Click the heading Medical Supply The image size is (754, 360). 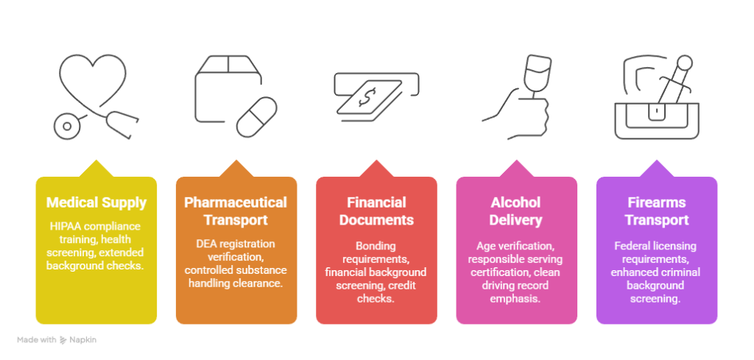(96, 203)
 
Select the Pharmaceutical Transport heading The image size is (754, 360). (236, 211)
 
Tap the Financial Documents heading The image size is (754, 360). (376, 211)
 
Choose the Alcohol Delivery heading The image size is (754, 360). (516, 211)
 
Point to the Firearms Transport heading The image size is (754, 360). (656, 211)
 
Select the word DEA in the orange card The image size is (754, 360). (205, 244)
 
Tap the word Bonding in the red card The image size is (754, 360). (376, 246)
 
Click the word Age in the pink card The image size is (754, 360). (486, 246)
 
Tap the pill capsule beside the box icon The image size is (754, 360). (256, 117)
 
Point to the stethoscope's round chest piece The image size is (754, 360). (67, 127)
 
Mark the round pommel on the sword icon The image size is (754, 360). (684, 63)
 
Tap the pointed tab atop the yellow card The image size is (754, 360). (96, 169)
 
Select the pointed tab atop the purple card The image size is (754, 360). (656, 169)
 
